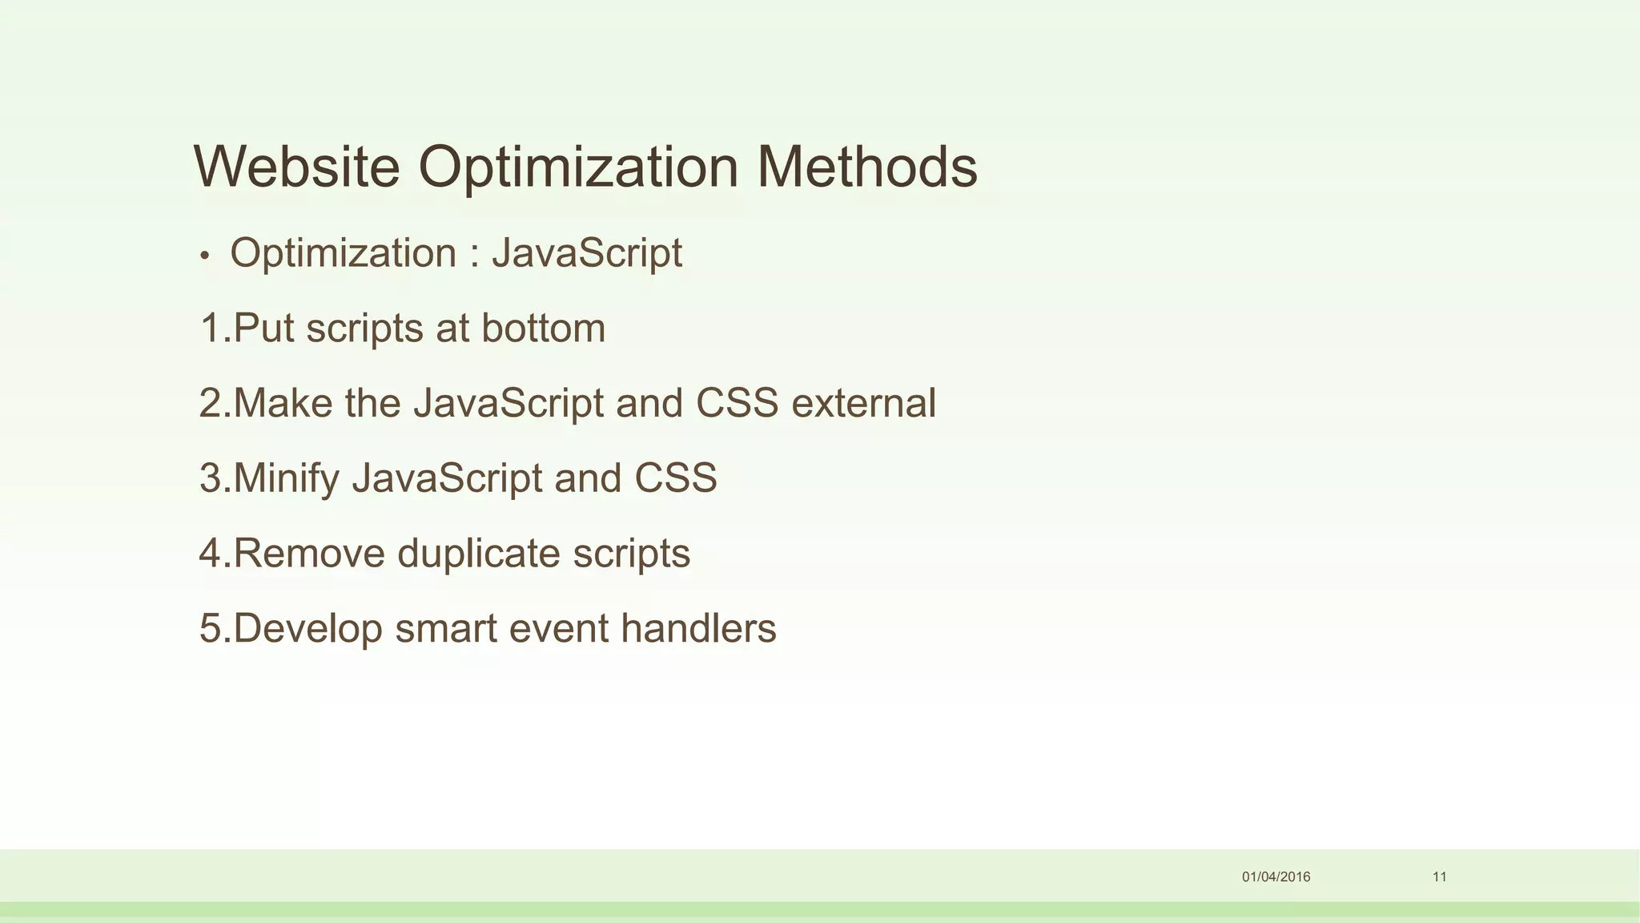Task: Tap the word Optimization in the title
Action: [578, 168]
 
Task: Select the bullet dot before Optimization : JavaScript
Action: [204, 256]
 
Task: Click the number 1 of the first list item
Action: [211, 328]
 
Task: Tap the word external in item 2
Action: [863, 403]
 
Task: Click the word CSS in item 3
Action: [675, 478]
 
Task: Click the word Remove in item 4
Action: [309, 554]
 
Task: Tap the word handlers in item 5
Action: [698, 628]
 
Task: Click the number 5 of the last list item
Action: [211, 628]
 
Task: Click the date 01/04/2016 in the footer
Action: [1276, 877]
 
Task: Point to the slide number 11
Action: [1440, 877]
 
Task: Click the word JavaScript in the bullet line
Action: [586, 254]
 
